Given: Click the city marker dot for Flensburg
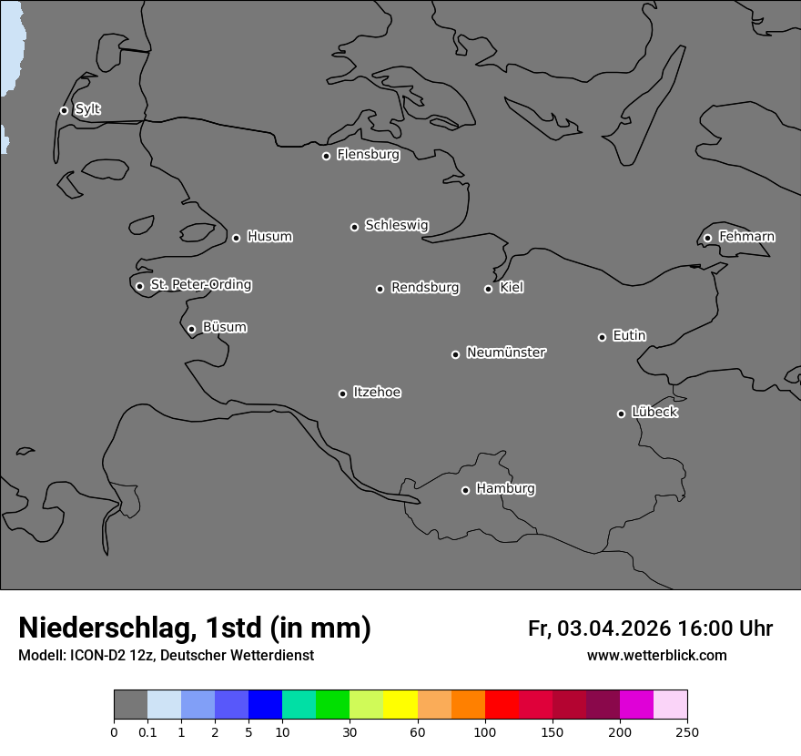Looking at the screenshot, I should [326, 156].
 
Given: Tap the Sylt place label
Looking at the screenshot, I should [87, 109].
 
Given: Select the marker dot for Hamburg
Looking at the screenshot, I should [465, 490].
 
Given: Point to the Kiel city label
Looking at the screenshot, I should [512, 288].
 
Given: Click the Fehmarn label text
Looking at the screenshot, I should [746, 237].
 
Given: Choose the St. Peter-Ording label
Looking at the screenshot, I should [200, 285].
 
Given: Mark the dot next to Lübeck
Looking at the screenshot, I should [621, 414].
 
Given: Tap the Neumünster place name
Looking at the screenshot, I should [506, 352].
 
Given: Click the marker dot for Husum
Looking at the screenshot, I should [236, 238].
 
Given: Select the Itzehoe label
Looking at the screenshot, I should [377, 393].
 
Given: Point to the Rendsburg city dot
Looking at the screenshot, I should [380, 289].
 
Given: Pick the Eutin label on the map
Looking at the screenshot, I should [629, 336].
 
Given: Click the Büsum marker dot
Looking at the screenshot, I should [191, 330].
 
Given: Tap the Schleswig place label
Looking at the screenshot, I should [396, 225].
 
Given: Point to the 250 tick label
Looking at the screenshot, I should [687, 731].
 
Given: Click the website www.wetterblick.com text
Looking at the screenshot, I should [657, 656].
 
